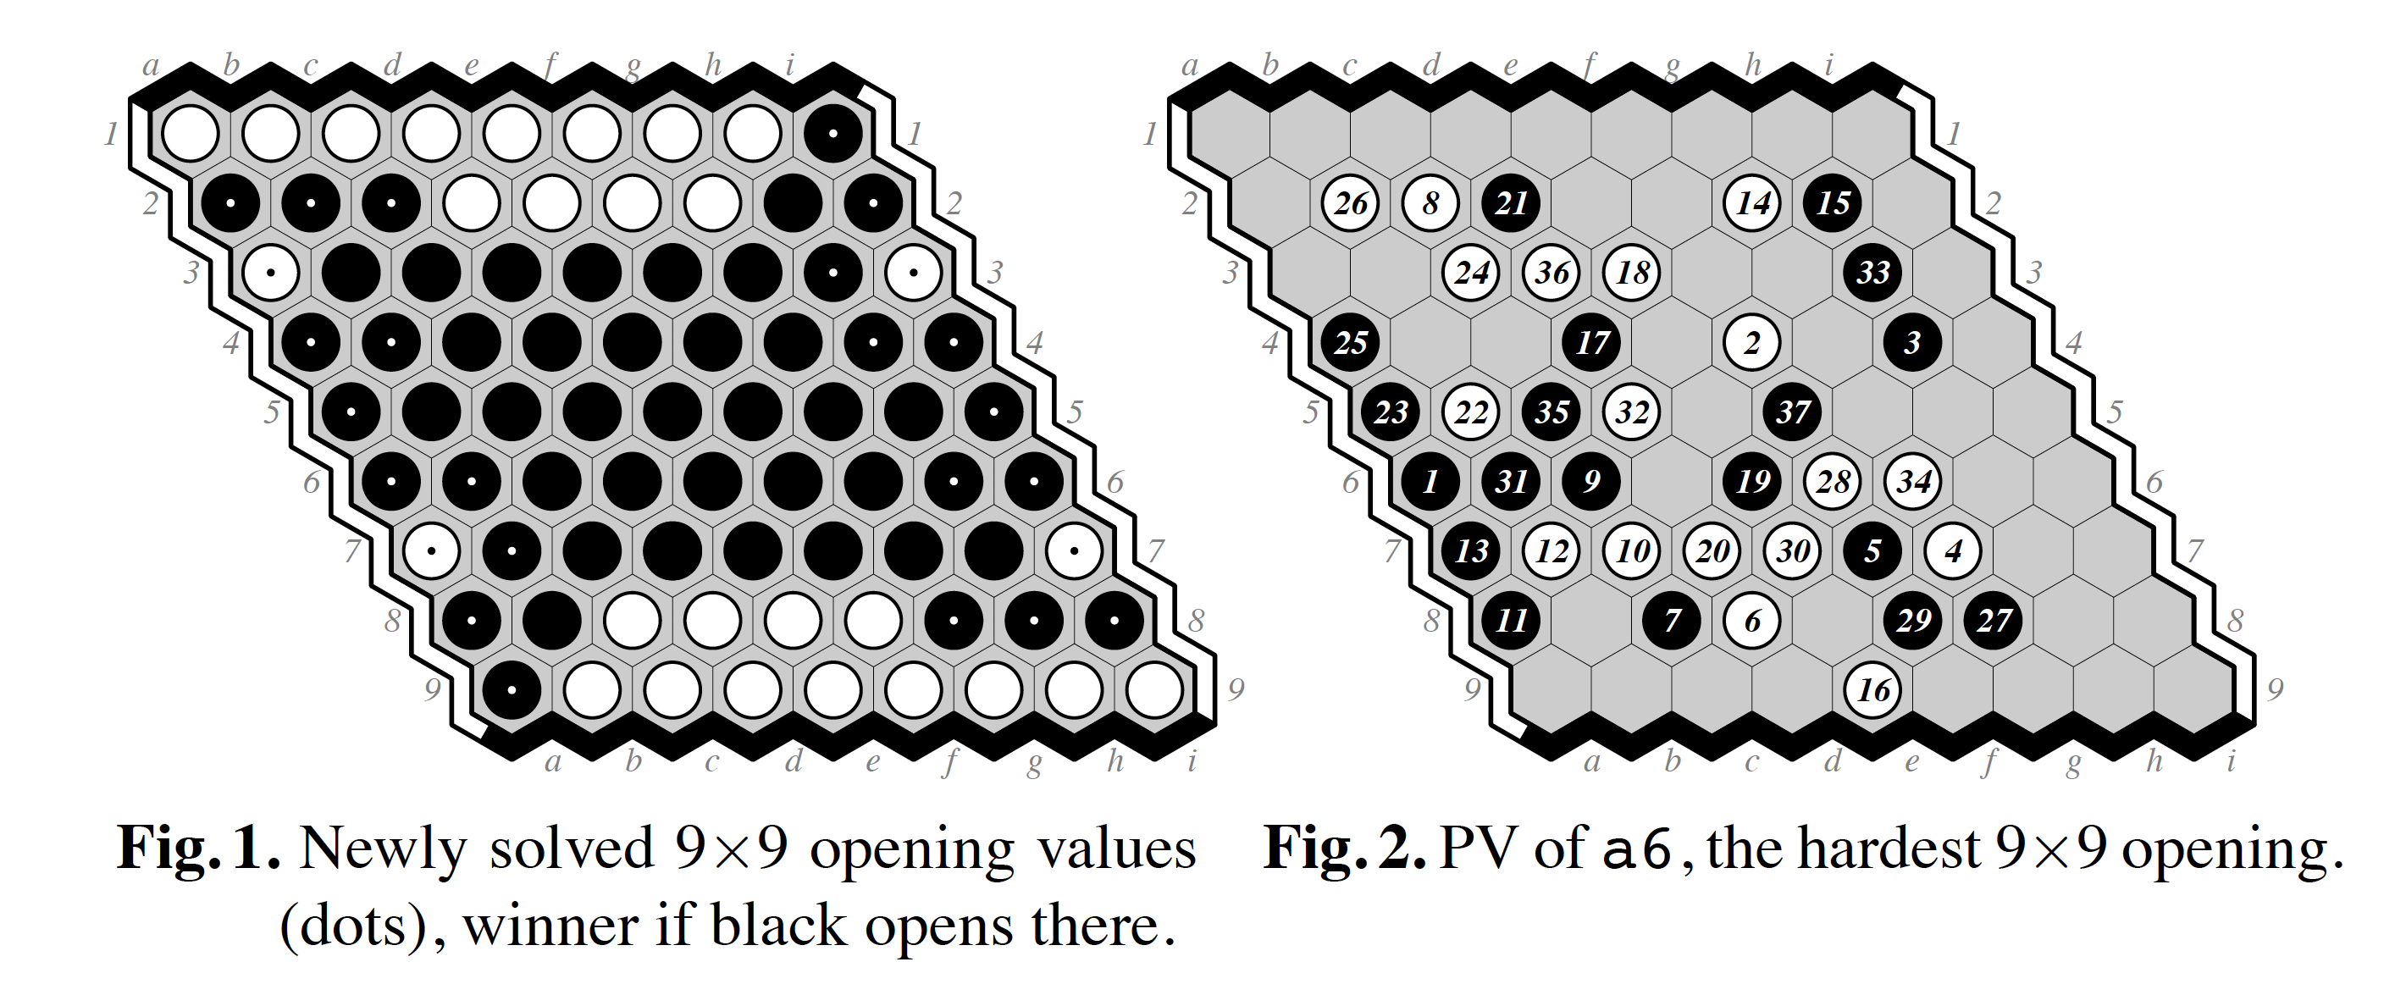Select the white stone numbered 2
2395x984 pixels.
[1751, 342]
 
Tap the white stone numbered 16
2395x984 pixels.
[1872, 689]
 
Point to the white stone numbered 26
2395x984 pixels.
[1350, 202]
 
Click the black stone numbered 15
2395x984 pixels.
[1833, 202]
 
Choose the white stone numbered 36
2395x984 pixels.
[1551, 273]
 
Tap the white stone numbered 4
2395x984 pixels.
[1952, 550]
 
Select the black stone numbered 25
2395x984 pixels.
[1350, 342]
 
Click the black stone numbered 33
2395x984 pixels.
[1872, 273]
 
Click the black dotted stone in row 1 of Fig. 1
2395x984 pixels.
[833, 134]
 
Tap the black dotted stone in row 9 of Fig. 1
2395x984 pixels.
[512, 689]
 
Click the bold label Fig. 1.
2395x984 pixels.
[198, 849]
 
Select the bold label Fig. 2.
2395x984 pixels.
[1344, 849]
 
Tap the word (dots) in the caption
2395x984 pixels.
[354, 926]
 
